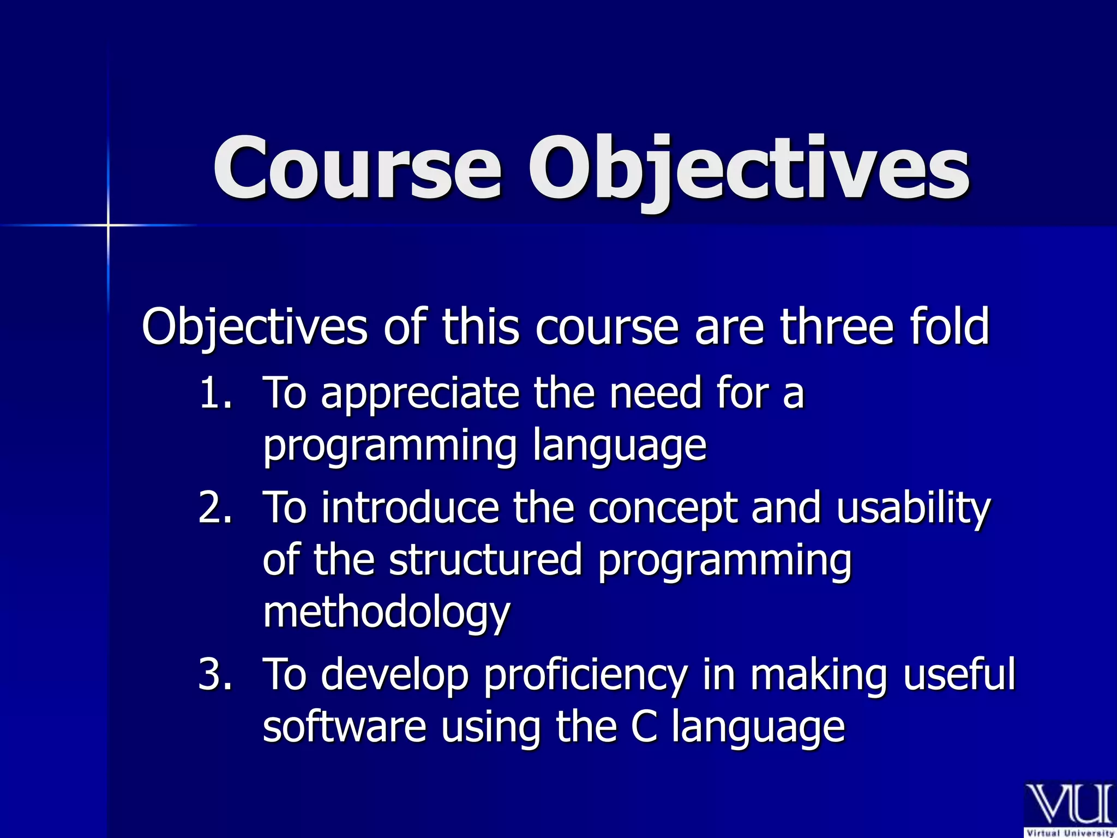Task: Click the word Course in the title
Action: [357, 167]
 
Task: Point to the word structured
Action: [485, 560]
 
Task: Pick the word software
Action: [344, 727]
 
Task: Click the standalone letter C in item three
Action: [644, 727]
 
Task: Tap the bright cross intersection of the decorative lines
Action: [108, 225]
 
